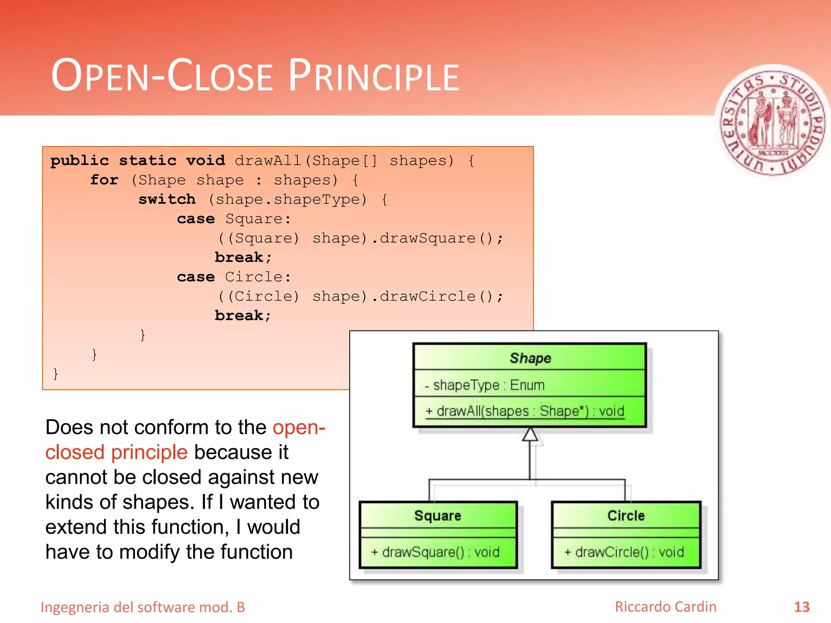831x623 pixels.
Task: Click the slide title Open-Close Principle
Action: pos(255,76)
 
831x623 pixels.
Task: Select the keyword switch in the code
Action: pos(167,200)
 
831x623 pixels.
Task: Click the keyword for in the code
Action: pos(104,180)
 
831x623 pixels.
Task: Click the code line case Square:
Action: pos(234,219)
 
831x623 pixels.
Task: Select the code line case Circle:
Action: pos(234,277)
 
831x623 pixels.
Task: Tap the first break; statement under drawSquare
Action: pos(243,258)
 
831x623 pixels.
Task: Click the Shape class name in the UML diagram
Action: pos(530,358)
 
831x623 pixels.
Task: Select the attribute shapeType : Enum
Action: pos(485,385)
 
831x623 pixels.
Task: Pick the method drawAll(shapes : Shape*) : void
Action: pos(525,411)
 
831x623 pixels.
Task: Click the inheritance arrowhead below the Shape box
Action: pos(530,434)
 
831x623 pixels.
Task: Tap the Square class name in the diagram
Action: pos(437,516)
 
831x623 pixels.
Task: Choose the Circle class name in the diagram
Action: pos(626,516)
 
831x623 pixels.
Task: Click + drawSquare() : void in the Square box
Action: pos(435,552)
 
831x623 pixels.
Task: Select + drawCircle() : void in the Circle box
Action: pos(624,552)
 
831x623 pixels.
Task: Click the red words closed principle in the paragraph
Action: pos(116,452)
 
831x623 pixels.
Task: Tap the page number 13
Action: pos(801,607)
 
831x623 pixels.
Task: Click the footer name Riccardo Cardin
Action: pos(665,607)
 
